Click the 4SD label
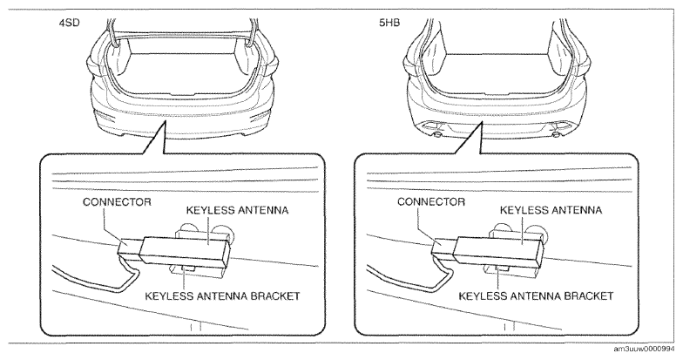click(x=70, y=23)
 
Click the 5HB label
click(x=389, y=23)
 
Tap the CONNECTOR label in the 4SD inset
click(x=117, y=202)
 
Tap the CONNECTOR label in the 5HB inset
click(x=431, y=202)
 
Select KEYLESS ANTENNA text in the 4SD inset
click(x=237, y=210)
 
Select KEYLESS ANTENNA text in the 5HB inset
click(x=551, y=210)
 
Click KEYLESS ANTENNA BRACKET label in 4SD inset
click(x=222, y=296)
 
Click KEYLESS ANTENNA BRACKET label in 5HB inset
click(x=537, y=296)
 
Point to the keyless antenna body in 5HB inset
click(x=499, y=252)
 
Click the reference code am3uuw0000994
click(x=648, y=350)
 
